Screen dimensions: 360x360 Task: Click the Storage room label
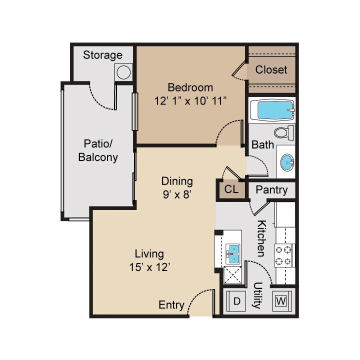click(102, 55)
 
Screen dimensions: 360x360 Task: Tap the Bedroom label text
click(190, 87)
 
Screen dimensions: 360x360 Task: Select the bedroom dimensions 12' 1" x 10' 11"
click(190, 100)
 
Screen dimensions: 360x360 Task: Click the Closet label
click(271, 70)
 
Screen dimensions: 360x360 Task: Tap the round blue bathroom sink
click(286, 161)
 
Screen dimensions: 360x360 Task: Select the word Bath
click(262, 145)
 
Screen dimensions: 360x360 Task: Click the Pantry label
click(271, 190)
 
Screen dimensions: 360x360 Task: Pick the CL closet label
click(231, 190)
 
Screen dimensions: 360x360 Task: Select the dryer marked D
click(237, 301)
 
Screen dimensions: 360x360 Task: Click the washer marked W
click(281, 301)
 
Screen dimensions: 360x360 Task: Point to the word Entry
click(171, 305)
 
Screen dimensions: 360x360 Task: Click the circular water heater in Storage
click(123, 72)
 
